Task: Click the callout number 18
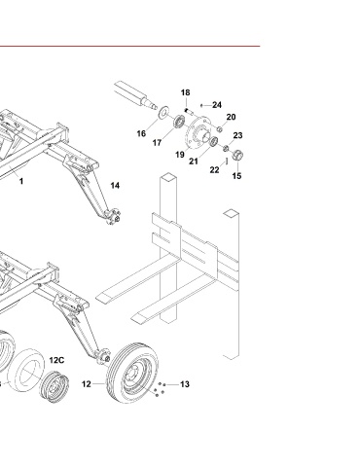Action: (185, 92)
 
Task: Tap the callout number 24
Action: (217, 105)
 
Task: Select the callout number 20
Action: (231, 117)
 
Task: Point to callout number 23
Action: (237, 135)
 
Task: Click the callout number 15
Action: (236, 176)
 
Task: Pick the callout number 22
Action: (214, 170)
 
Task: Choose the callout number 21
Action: (194, 162)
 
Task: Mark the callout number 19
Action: (180, 155)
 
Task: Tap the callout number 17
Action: (157, 143)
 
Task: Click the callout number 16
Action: (141, 133)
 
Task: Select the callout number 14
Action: (115, 186)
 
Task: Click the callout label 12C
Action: (56, 360)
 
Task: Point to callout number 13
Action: (185, 384)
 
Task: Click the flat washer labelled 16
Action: (163, 113)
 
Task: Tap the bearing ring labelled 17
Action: (179, 122)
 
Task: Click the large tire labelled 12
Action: (132, 373)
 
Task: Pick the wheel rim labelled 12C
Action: (54, 387)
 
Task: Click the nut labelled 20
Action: (219, 129)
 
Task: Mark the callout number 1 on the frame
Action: (21, 181)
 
